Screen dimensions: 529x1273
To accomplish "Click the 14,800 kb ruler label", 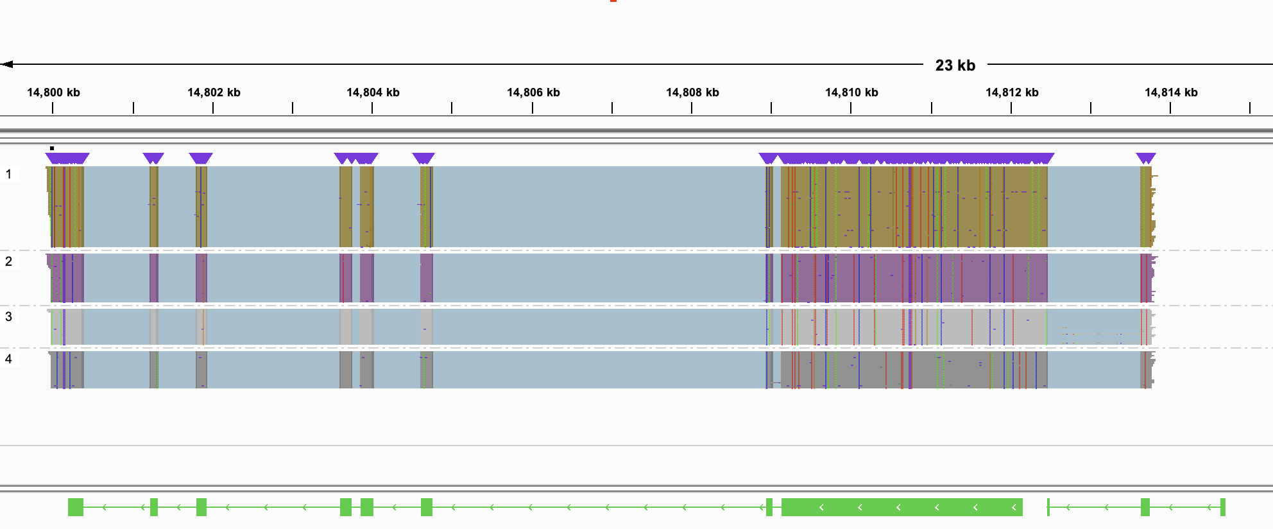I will point(53,92).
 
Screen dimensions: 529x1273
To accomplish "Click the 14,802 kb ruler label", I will point(214,92).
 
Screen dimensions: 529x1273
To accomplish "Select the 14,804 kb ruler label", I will point(373,92).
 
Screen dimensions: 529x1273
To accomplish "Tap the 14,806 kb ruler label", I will point(533,92).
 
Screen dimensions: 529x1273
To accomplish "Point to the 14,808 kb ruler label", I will point(692,92).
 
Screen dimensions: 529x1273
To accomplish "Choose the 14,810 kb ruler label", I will point(851,92).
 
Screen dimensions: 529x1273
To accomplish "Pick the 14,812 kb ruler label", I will point(1012,92).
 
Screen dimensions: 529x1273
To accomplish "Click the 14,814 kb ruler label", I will point(1171,92).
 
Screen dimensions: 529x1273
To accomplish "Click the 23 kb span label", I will point(955,65).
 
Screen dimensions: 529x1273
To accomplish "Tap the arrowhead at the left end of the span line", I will point(7,64).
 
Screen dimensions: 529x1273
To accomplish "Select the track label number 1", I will point(8,174).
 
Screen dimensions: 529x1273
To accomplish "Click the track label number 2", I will point(8,261).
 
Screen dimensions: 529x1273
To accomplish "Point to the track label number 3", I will point(8,317).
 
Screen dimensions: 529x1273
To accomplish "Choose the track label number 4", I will point(8,359).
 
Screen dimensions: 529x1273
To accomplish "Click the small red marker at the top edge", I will point(613,1).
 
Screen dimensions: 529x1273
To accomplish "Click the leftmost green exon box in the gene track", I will point(76,507).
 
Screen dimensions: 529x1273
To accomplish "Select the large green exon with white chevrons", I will point(901,507).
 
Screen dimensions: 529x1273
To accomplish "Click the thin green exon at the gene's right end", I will point(1223,507).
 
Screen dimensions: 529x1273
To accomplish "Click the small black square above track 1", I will point(52,148).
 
